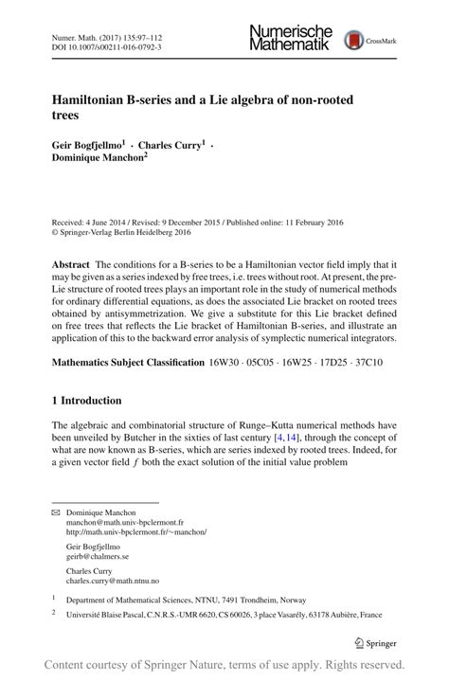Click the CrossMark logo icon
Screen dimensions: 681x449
(355, 39)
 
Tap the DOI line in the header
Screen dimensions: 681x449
(106, 45)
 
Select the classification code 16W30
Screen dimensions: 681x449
(227, 363)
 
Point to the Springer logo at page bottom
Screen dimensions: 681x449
(374, 643)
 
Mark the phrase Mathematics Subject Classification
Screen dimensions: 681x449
(128, 363)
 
